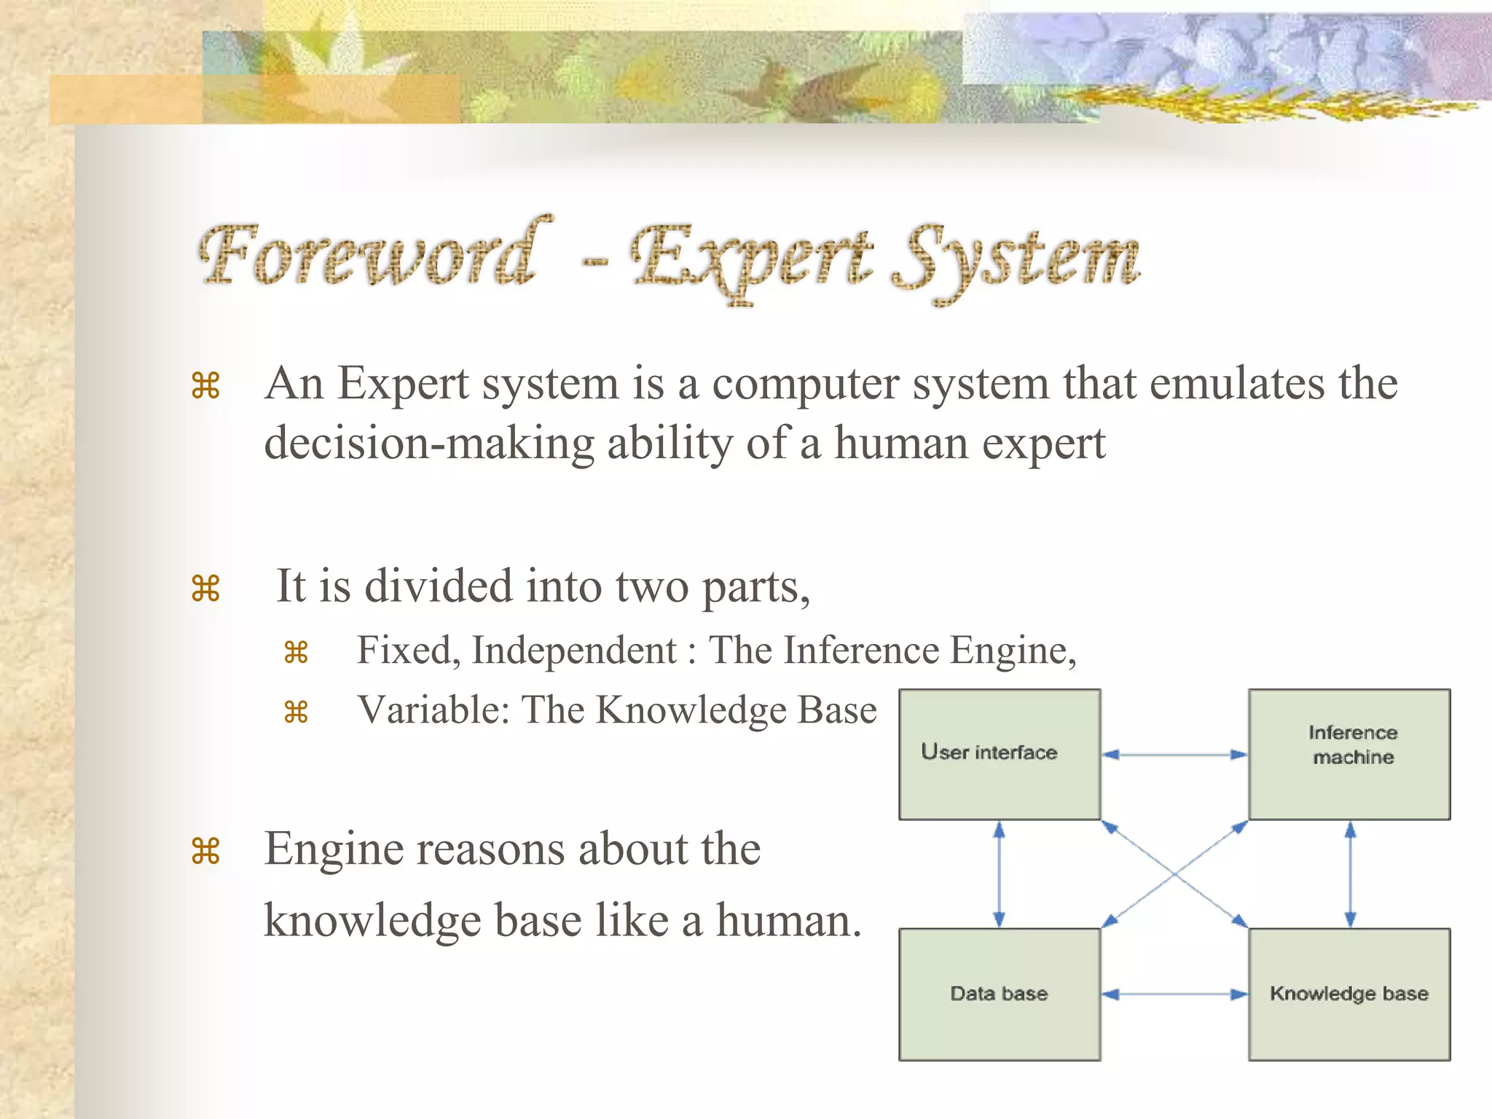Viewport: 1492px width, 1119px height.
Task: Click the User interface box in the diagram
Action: [1000, 754]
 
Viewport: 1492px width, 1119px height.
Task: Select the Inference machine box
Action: [1349, 754]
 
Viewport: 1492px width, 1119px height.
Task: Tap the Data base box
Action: [1000, 994]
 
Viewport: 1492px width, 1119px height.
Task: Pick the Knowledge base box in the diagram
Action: [1349, 994]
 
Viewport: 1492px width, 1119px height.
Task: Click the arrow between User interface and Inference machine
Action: [1174, 755]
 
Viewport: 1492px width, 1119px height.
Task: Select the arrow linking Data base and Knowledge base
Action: [1174, 994]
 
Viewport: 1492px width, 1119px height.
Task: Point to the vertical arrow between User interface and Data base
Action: [1000, 874]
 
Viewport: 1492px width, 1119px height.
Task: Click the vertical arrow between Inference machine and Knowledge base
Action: [1350, 874]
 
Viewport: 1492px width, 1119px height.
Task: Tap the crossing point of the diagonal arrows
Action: [1174, 874]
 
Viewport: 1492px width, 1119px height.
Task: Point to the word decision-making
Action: [429, 444]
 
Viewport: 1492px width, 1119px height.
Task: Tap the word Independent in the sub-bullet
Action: [574, 650]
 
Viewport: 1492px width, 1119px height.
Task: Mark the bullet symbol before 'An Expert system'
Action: [205, 385]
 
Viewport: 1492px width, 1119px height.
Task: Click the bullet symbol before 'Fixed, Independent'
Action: [296, 652]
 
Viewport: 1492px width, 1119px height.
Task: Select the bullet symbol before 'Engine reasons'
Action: [205, 851]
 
